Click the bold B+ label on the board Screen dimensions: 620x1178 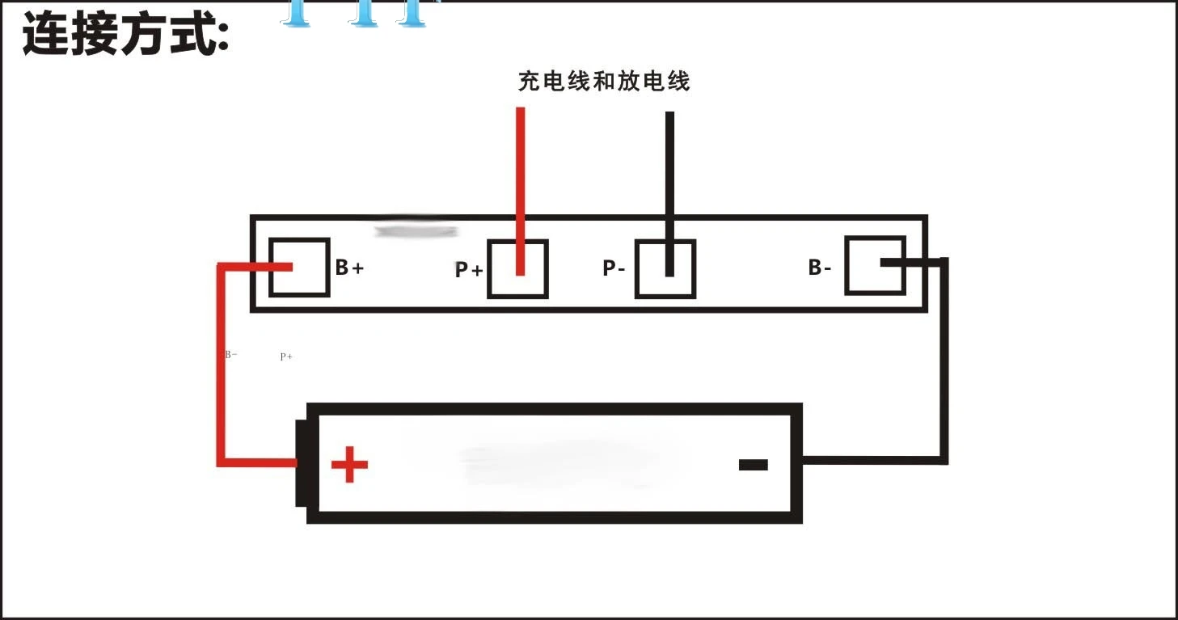pyautogui.click(x=349, y=268)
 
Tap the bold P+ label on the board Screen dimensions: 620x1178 pyautogui.click(x=469, y=270)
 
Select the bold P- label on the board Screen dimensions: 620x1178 pyautogui.click(x=614, y=268)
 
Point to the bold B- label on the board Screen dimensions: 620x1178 pyautogui.click(x=820, y=268)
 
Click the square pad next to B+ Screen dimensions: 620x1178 pyautogui.click(x=299, y=268)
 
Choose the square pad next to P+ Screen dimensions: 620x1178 pyautogui.click(x=517, y=269)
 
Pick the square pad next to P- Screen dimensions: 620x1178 pyautogui.click(x=665, y=269)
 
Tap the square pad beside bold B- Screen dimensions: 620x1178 pyautogui.click(x=875, y=265)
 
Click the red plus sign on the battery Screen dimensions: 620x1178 pyautogui.click(x=349, y=464)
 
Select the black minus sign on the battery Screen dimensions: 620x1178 pyautogui.click(x=753, y=465)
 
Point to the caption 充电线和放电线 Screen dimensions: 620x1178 pyautogui.click(x=604, y=81)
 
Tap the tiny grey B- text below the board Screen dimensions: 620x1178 pyautogui.click(x=231, y=354)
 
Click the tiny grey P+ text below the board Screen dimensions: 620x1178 pyautogui.click(x=286, y=356)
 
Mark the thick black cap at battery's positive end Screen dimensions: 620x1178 pyautogui.click(x=301, y=463)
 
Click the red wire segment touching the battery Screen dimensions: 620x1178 pyautogui.click(x=259, y=462)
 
